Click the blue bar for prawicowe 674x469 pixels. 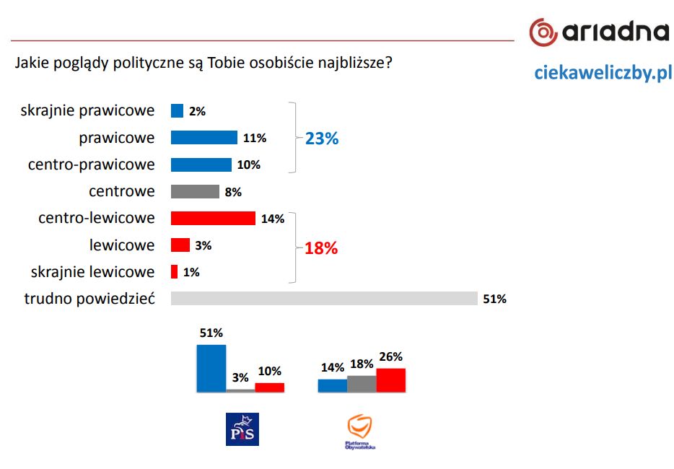click(203, 138)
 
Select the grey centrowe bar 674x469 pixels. click(195, 192)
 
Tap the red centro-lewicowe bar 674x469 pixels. click(213, 219)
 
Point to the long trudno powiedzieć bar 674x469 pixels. click(324, 299)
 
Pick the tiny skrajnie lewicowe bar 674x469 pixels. click(174, 272)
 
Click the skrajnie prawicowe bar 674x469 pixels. click(177, 111)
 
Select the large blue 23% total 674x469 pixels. click(322, 139)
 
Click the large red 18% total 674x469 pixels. click(321, 249)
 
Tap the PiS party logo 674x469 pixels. click(242, 429)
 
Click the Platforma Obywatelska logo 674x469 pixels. click(360, 431)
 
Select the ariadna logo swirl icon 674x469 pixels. click(543, 31)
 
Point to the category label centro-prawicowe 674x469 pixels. click(92, 165)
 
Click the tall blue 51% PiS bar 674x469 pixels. click(211, 368)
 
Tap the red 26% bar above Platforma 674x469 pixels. click(390, 380)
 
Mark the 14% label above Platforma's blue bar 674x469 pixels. click(333, 367)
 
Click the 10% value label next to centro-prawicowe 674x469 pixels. click(248, 165)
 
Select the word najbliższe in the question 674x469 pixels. click(356, 63)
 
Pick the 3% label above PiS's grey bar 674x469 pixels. click(240, 377)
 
